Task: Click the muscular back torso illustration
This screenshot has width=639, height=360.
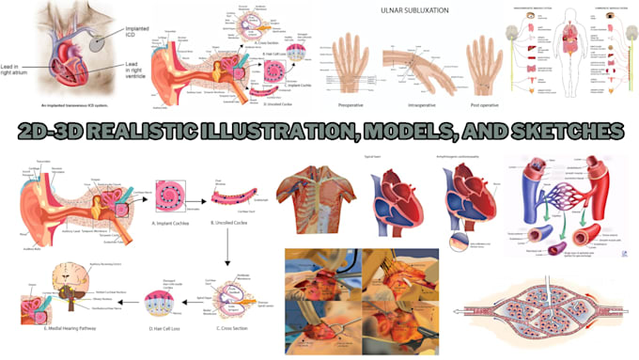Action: pos(314,196)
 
